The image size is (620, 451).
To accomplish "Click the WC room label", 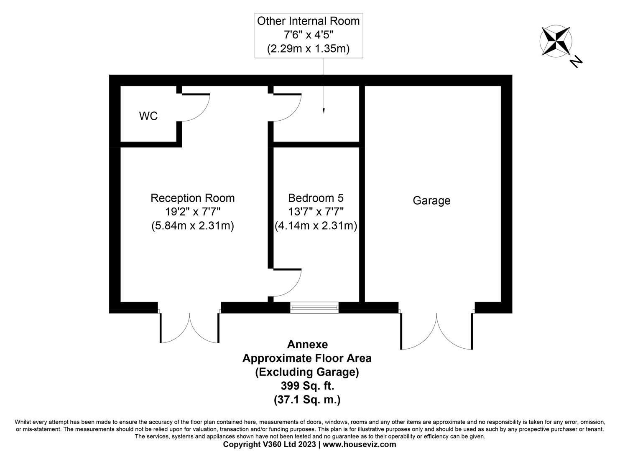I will [x=148, y=116].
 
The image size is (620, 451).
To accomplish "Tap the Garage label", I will [x=431, y=201].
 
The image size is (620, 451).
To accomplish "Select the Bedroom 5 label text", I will [x=316, y=198].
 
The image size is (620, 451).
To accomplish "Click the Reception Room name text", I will [x=192, y=198].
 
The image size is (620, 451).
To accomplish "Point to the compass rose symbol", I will [x=555, y=41].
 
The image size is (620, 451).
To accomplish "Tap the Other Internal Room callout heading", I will [x=308, y=21].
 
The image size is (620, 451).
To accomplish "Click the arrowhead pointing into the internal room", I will [x=324, y=111].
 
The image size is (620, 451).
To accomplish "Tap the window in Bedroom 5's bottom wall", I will [x=314, y=308].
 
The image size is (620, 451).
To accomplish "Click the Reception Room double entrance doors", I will [x=189, y=328].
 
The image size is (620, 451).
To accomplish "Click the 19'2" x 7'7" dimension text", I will [x=192, y=212].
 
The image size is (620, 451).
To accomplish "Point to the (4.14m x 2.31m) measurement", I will [x=316, y=226].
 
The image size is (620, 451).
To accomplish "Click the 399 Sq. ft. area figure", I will [x=307, y=385].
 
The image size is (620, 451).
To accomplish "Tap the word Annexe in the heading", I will [x=307, y=345].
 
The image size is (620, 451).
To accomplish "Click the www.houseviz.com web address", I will [x=359, y=444].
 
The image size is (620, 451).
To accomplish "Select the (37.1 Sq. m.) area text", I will [x=307, y=400].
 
